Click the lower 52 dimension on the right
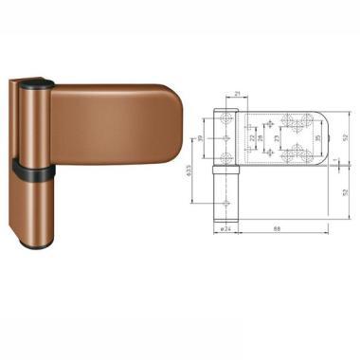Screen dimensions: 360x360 tap(347, 191)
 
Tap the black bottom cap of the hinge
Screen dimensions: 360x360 tap(38, 248)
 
